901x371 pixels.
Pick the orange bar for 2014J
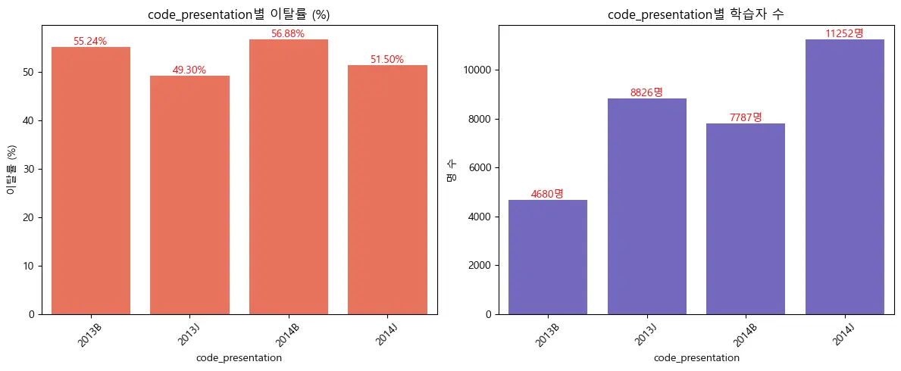[387, 189]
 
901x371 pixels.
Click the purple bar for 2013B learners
[548, 257]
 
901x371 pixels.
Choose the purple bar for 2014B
[746, 219]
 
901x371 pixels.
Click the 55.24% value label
[90, 42]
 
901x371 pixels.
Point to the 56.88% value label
[288, 34]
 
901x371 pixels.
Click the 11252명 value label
[844, 33]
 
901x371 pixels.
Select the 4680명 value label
[547, 194]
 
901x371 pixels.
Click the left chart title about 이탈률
[239, 14]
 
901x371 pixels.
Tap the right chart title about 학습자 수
[696, 14]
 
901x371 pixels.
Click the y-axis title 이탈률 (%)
[11, 170]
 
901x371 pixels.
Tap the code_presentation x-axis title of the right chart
[696, 357]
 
